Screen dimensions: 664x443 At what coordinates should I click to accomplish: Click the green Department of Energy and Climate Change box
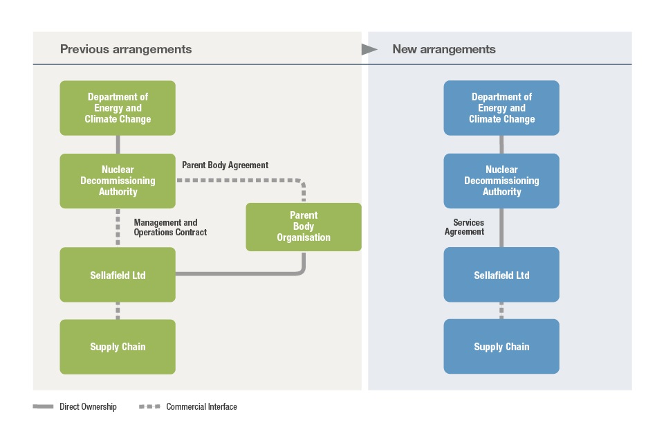coord(118,108)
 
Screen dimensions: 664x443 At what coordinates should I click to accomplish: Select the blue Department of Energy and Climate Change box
coord(501,108)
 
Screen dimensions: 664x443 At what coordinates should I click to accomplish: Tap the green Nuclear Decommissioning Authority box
coord(118,181)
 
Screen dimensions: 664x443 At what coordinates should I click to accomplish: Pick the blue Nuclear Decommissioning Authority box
coord(501,181)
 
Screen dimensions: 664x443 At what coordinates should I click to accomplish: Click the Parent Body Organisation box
coord(304,227)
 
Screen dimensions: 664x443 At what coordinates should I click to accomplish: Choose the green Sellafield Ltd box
coord(118,275)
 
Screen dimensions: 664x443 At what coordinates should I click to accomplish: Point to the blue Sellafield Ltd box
coord(501,275)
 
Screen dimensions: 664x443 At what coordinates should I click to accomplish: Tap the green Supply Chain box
coord(118,347)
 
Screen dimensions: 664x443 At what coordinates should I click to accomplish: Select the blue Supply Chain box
coord(501,346)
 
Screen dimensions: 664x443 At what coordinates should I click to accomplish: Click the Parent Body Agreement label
coord(225,165)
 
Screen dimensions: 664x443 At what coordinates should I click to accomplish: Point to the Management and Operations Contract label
coord(170,227)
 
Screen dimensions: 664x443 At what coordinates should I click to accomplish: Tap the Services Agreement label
coord(465,227)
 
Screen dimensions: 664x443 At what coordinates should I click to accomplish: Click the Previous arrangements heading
coord(126,49)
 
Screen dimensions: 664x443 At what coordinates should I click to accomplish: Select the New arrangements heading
coord(444,49)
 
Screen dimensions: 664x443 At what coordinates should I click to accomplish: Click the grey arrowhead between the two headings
coord(369,49)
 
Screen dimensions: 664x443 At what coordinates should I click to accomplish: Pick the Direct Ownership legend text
coord(88,406)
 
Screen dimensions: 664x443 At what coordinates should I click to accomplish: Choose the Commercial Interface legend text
coord(201,406)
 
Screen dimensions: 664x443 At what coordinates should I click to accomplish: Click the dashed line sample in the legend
coord(149,406)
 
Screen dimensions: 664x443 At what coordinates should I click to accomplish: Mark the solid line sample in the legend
coord(43,406)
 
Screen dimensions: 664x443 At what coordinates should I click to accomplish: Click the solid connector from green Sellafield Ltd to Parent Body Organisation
coord(246,274)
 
